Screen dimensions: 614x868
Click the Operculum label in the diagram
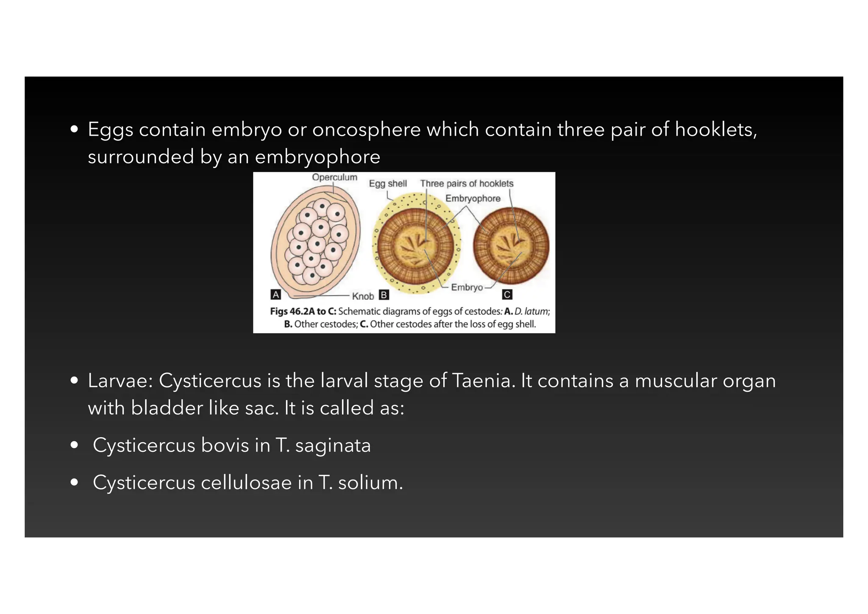[x=334, y=177]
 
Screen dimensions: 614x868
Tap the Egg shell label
[x=387, y=184]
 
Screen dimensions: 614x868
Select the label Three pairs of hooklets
[x=467, y=184]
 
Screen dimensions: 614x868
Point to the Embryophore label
[x=473, y=198]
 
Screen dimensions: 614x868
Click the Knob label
[x=363, y=296]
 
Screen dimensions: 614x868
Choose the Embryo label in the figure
[x=467, y=287]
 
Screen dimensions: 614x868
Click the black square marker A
[x=276, y=295]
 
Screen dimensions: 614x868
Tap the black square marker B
[x=384, y=295]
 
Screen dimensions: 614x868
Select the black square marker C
[x=507, y=295]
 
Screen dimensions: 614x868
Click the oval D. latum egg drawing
[x=316, y=242]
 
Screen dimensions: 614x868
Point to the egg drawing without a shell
[x=511, y=246]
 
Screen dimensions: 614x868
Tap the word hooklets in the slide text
[x=714, y=129]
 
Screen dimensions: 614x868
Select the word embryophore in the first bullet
[x=317, y=156]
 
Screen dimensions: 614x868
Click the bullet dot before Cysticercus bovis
[x=75, y=445]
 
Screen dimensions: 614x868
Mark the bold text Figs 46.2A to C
[x=303, y=311]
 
